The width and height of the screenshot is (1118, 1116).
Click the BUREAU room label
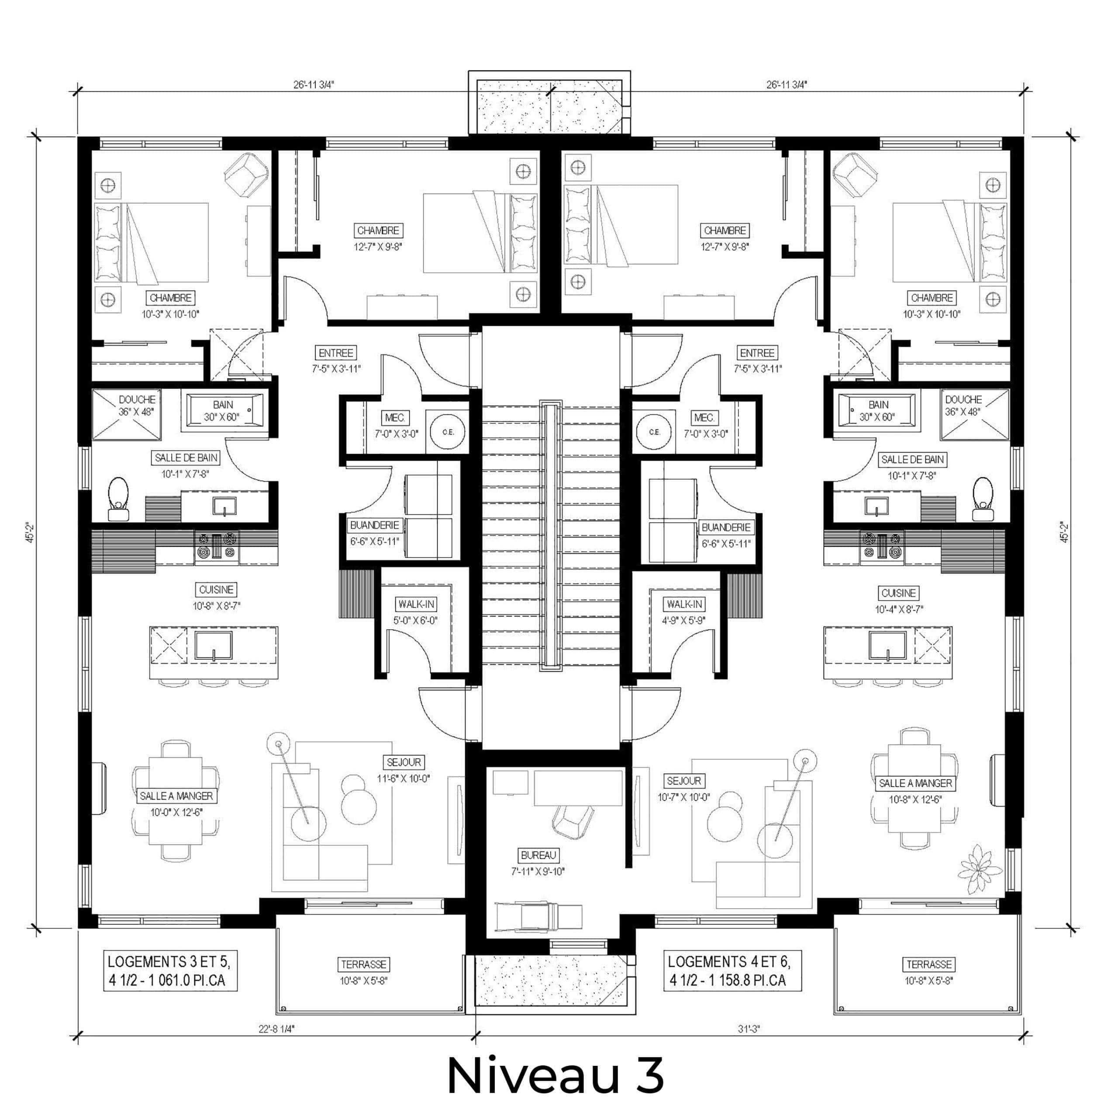click(538, 855)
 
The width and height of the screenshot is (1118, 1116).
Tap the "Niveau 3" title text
click(555, 1075)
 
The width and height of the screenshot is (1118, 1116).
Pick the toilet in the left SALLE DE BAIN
click(118, 499)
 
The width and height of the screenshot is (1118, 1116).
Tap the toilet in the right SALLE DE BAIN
click(983, 499)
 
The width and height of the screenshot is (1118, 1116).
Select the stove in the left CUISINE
click(217, 546)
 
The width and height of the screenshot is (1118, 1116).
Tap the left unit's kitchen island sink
click(214, 646)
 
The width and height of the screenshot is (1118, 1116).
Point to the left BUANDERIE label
click(374, 525)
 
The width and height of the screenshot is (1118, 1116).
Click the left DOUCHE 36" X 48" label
click(137, 406)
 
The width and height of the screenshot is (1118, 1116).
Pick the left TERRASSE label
click(364, 964)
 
